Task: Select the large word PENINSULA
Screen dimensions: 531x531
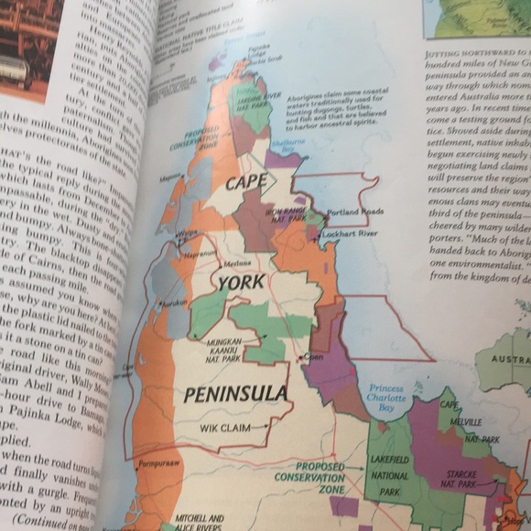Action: pos(236,394)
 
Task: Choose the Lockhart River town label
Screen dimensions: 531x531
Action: pos(353,235)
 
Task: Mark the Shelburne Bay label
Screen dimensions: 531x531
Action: pos(287,144)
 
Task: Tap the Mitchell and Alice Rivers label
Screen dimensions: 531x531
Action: pos(200,521)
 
